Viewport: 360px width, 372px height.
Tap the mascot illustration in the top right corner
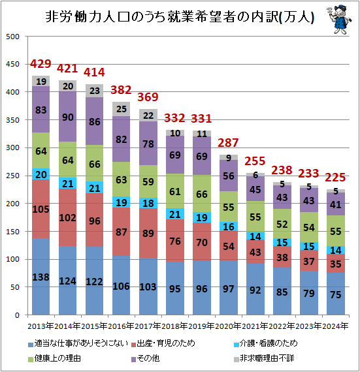point(336,18)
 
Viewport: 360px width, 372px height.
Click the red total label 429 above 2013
point(41,64)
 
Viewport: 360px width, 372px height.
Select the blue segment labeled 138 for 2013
point(41,277)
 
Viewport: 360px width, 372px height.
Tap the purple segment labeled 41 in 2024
point(335,204)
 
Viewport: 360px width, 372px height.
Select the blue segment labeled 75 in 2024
point(335,294)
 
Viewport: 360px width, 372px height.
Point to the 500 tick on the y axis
point(12,37)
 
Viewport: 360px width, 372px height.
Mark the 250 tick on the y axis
point(12,176)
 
